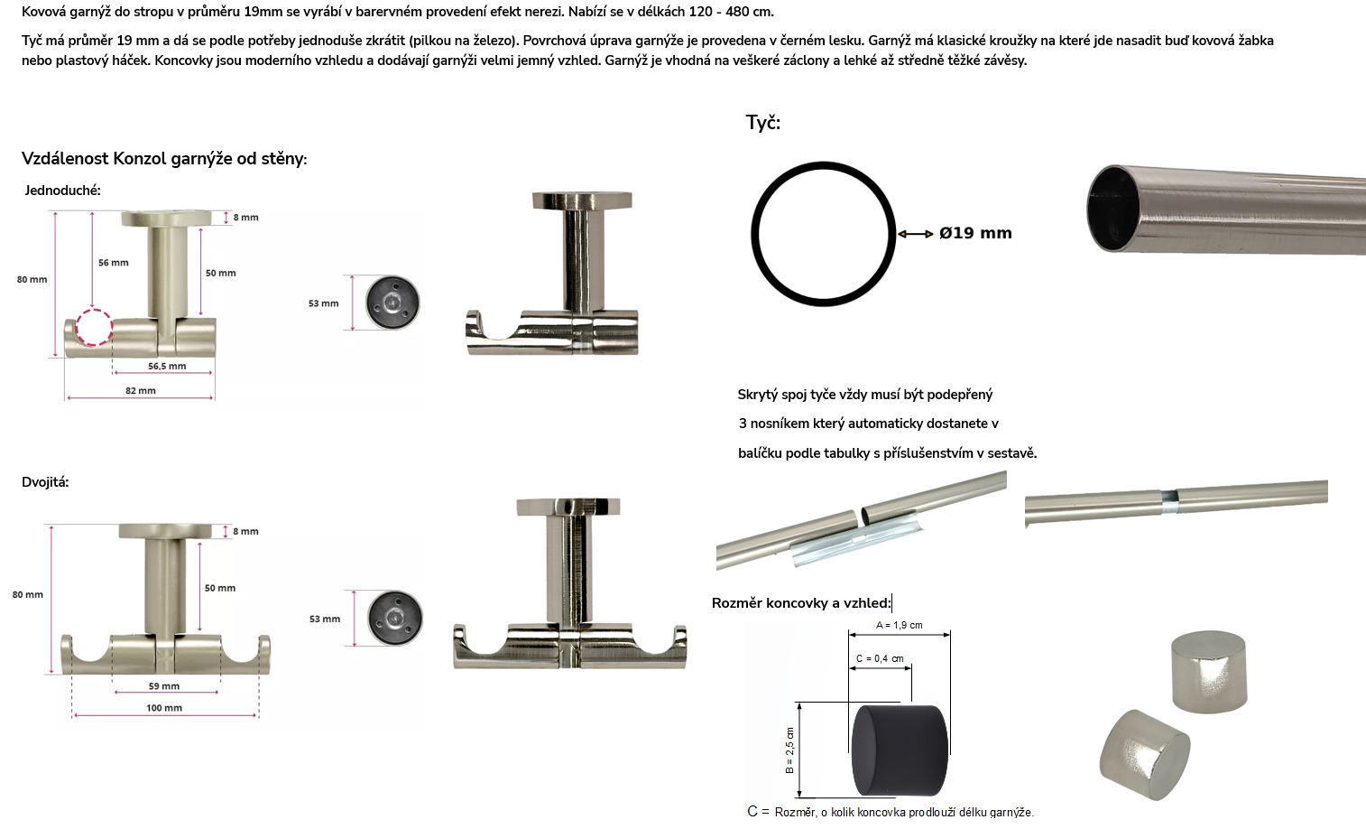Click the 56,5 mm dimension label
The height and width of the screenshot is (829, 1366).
[167, 367]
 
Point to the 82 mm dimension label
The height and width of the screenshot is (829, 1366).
[140, 391]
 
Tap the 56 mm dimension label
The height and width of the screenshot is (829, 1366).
[114, 263]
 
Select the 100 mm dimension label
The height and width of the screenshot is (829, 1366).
[164, 708]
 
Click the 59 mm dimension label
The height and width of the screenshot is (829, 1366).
[164, 686]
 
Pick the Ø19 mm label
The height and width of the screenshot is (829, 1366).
[975, 233]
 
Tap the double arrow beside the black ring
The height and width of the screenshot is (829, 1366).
[916, 234]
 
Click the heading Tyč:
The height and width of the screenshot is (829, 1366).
[763, 123]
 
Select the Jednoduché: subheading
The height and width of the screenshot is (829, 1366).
[62, 191]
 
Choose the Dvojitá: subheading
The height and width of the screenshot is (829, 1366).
[45, 482]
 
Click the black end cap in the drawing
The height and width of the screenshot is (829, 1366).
[900, 750]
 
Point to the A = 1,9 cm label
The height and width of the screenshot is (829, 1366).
[899, 625]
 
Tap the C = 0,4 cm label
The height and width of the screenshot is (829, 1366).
[880, 658]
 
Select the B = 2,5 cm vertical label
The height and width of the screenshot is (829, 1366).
[789, 750]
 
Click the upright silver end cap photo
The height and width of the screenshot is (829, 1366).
[1209, 672]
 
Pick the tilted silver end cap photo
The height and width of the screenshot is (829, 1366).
[1145, 755]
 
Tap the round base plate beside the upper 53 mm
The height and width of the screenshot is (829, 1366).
[392, 303]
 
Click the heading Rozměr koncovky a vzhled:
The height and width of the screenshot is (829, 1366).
[801, 603]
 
